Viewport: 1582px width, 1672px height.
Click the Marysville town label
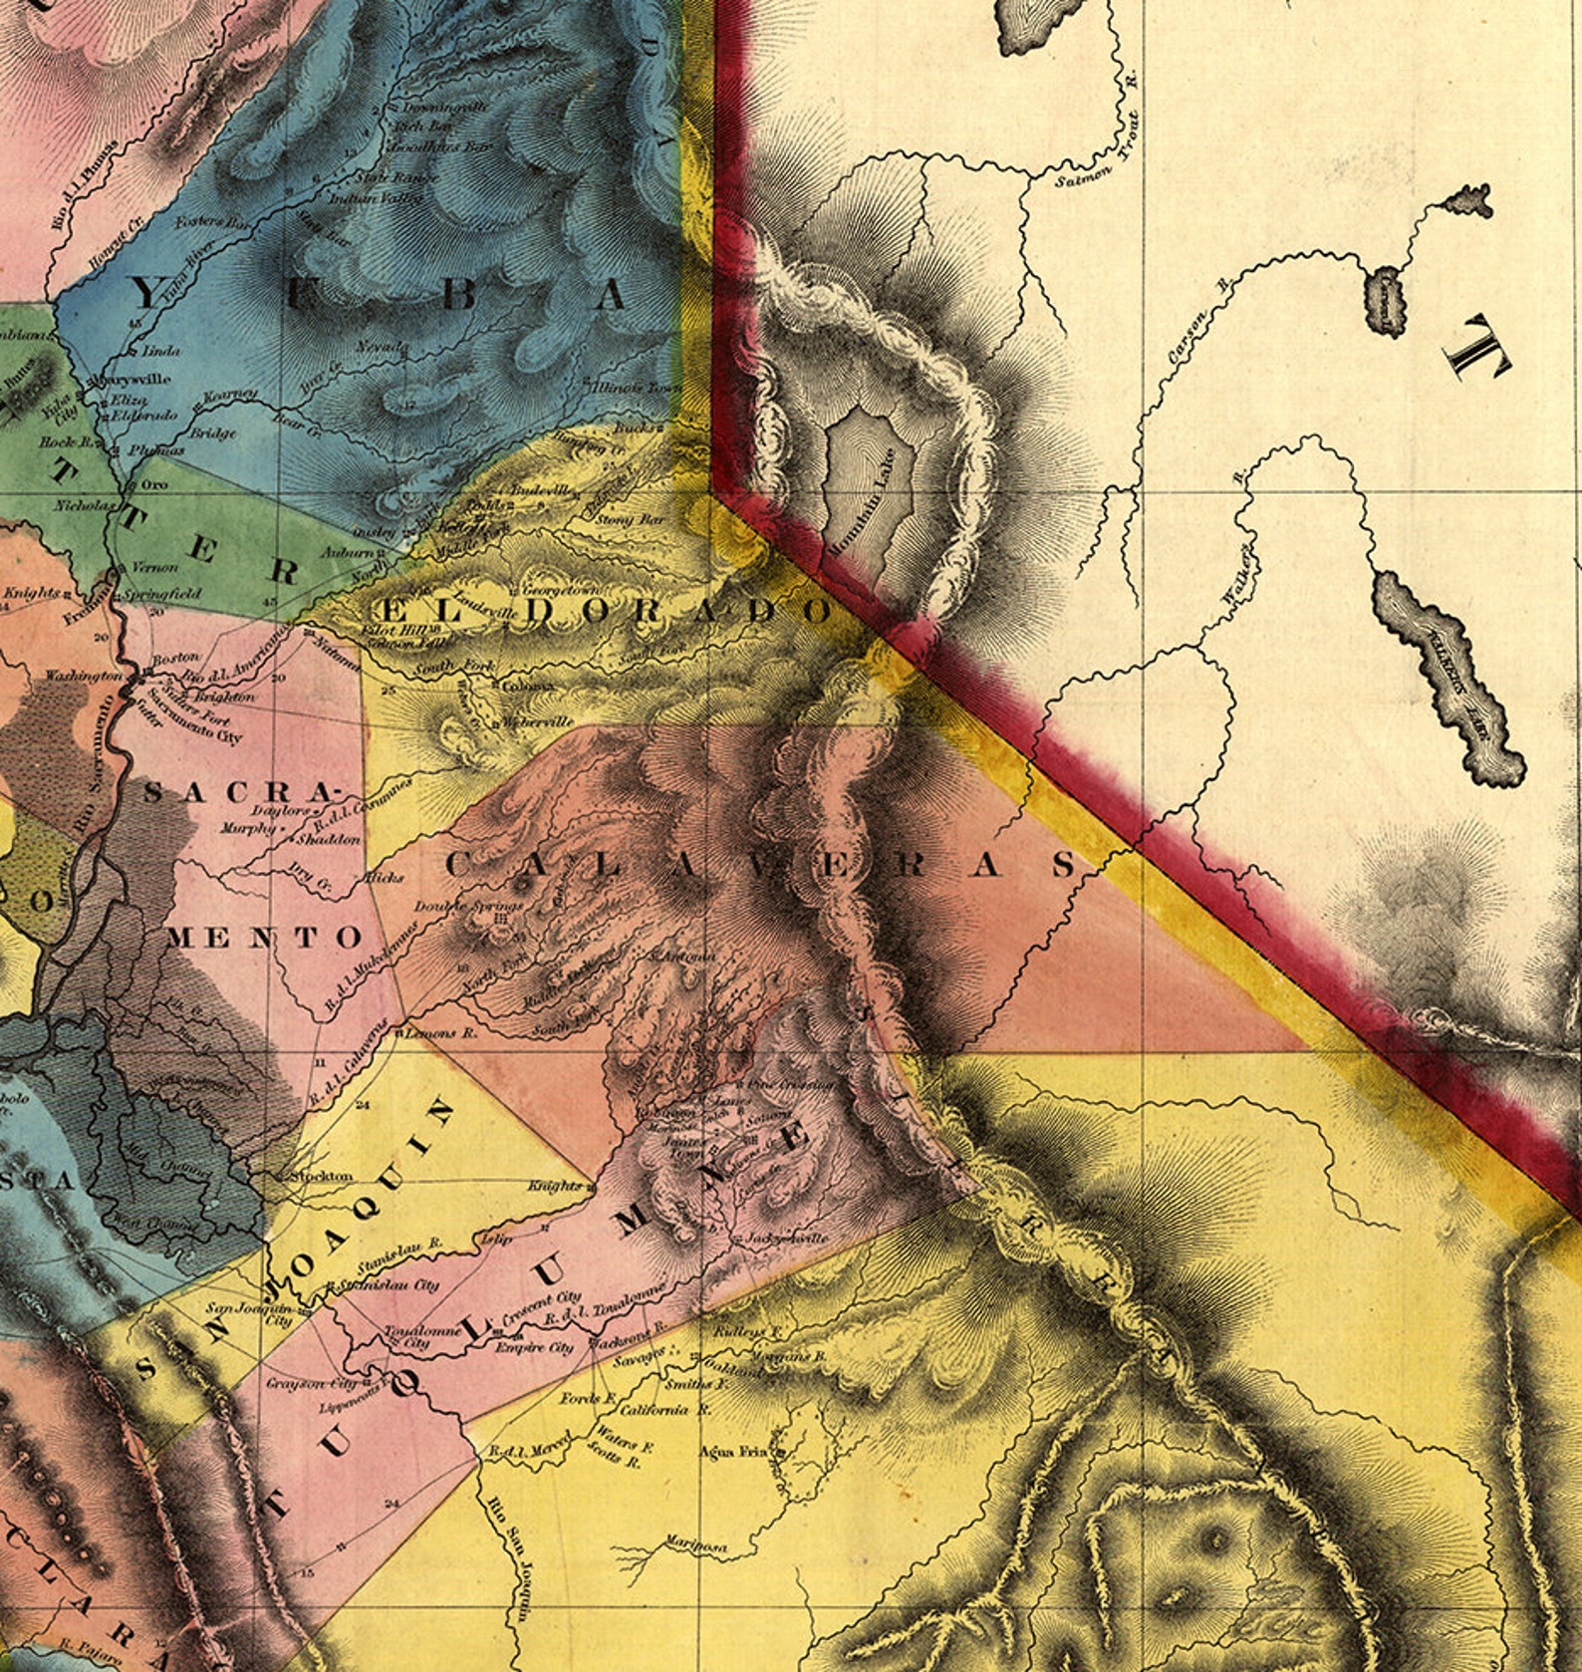(135, 380)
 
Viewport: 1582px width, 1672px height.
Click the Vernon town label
(156, 567)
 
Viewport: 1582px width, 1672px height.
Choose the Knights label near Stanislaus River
(555, 1186)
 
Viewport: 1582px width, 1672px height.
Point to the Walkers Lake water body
(1449, 680)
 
